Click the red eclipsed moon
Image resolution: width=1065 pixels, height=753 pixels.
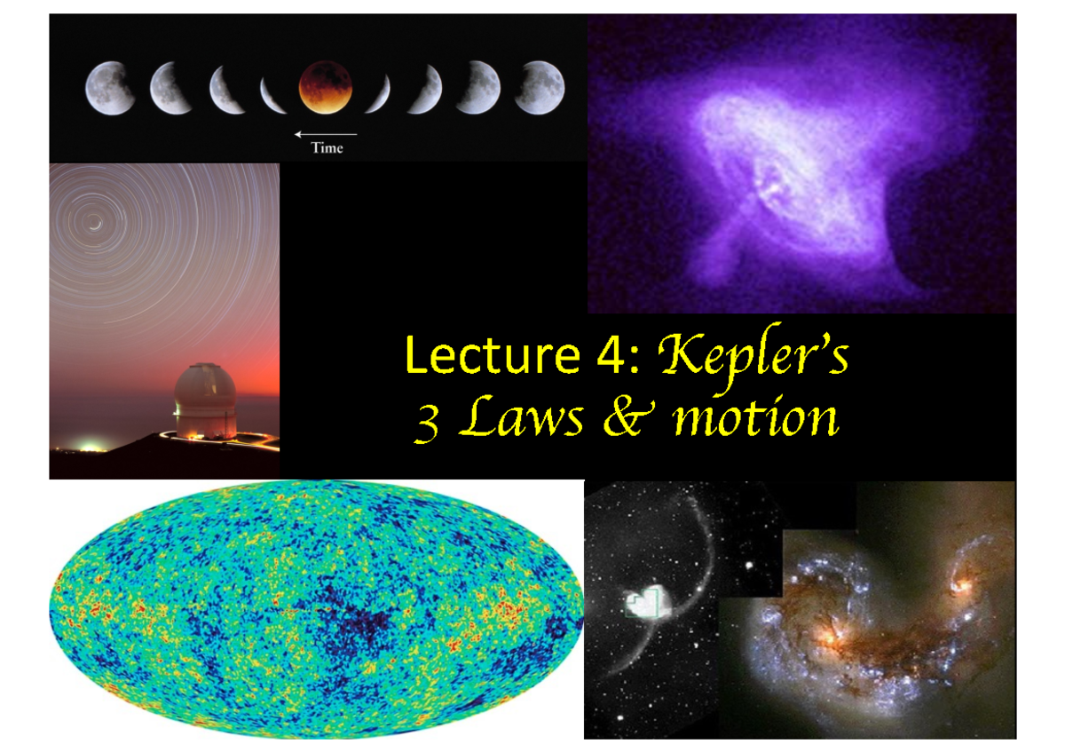[x=326, y=87]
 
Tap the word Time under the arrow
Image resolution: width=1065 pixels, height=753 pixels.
[x=326, y=148]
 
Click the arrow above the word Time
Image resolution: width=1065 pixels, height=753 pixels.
[x=326, y=134]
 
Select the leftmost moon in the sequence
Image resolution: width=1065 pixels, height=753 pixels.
[x=110, y=88]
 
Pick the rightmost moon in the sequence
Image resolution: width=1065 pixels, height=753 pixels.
[x=539, y=88]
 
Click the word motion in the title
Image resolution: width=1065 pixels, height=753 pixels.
[x=755, y=420]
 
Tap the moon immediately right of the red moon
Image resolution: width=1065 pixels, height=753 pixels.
[x=377, y=93]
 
